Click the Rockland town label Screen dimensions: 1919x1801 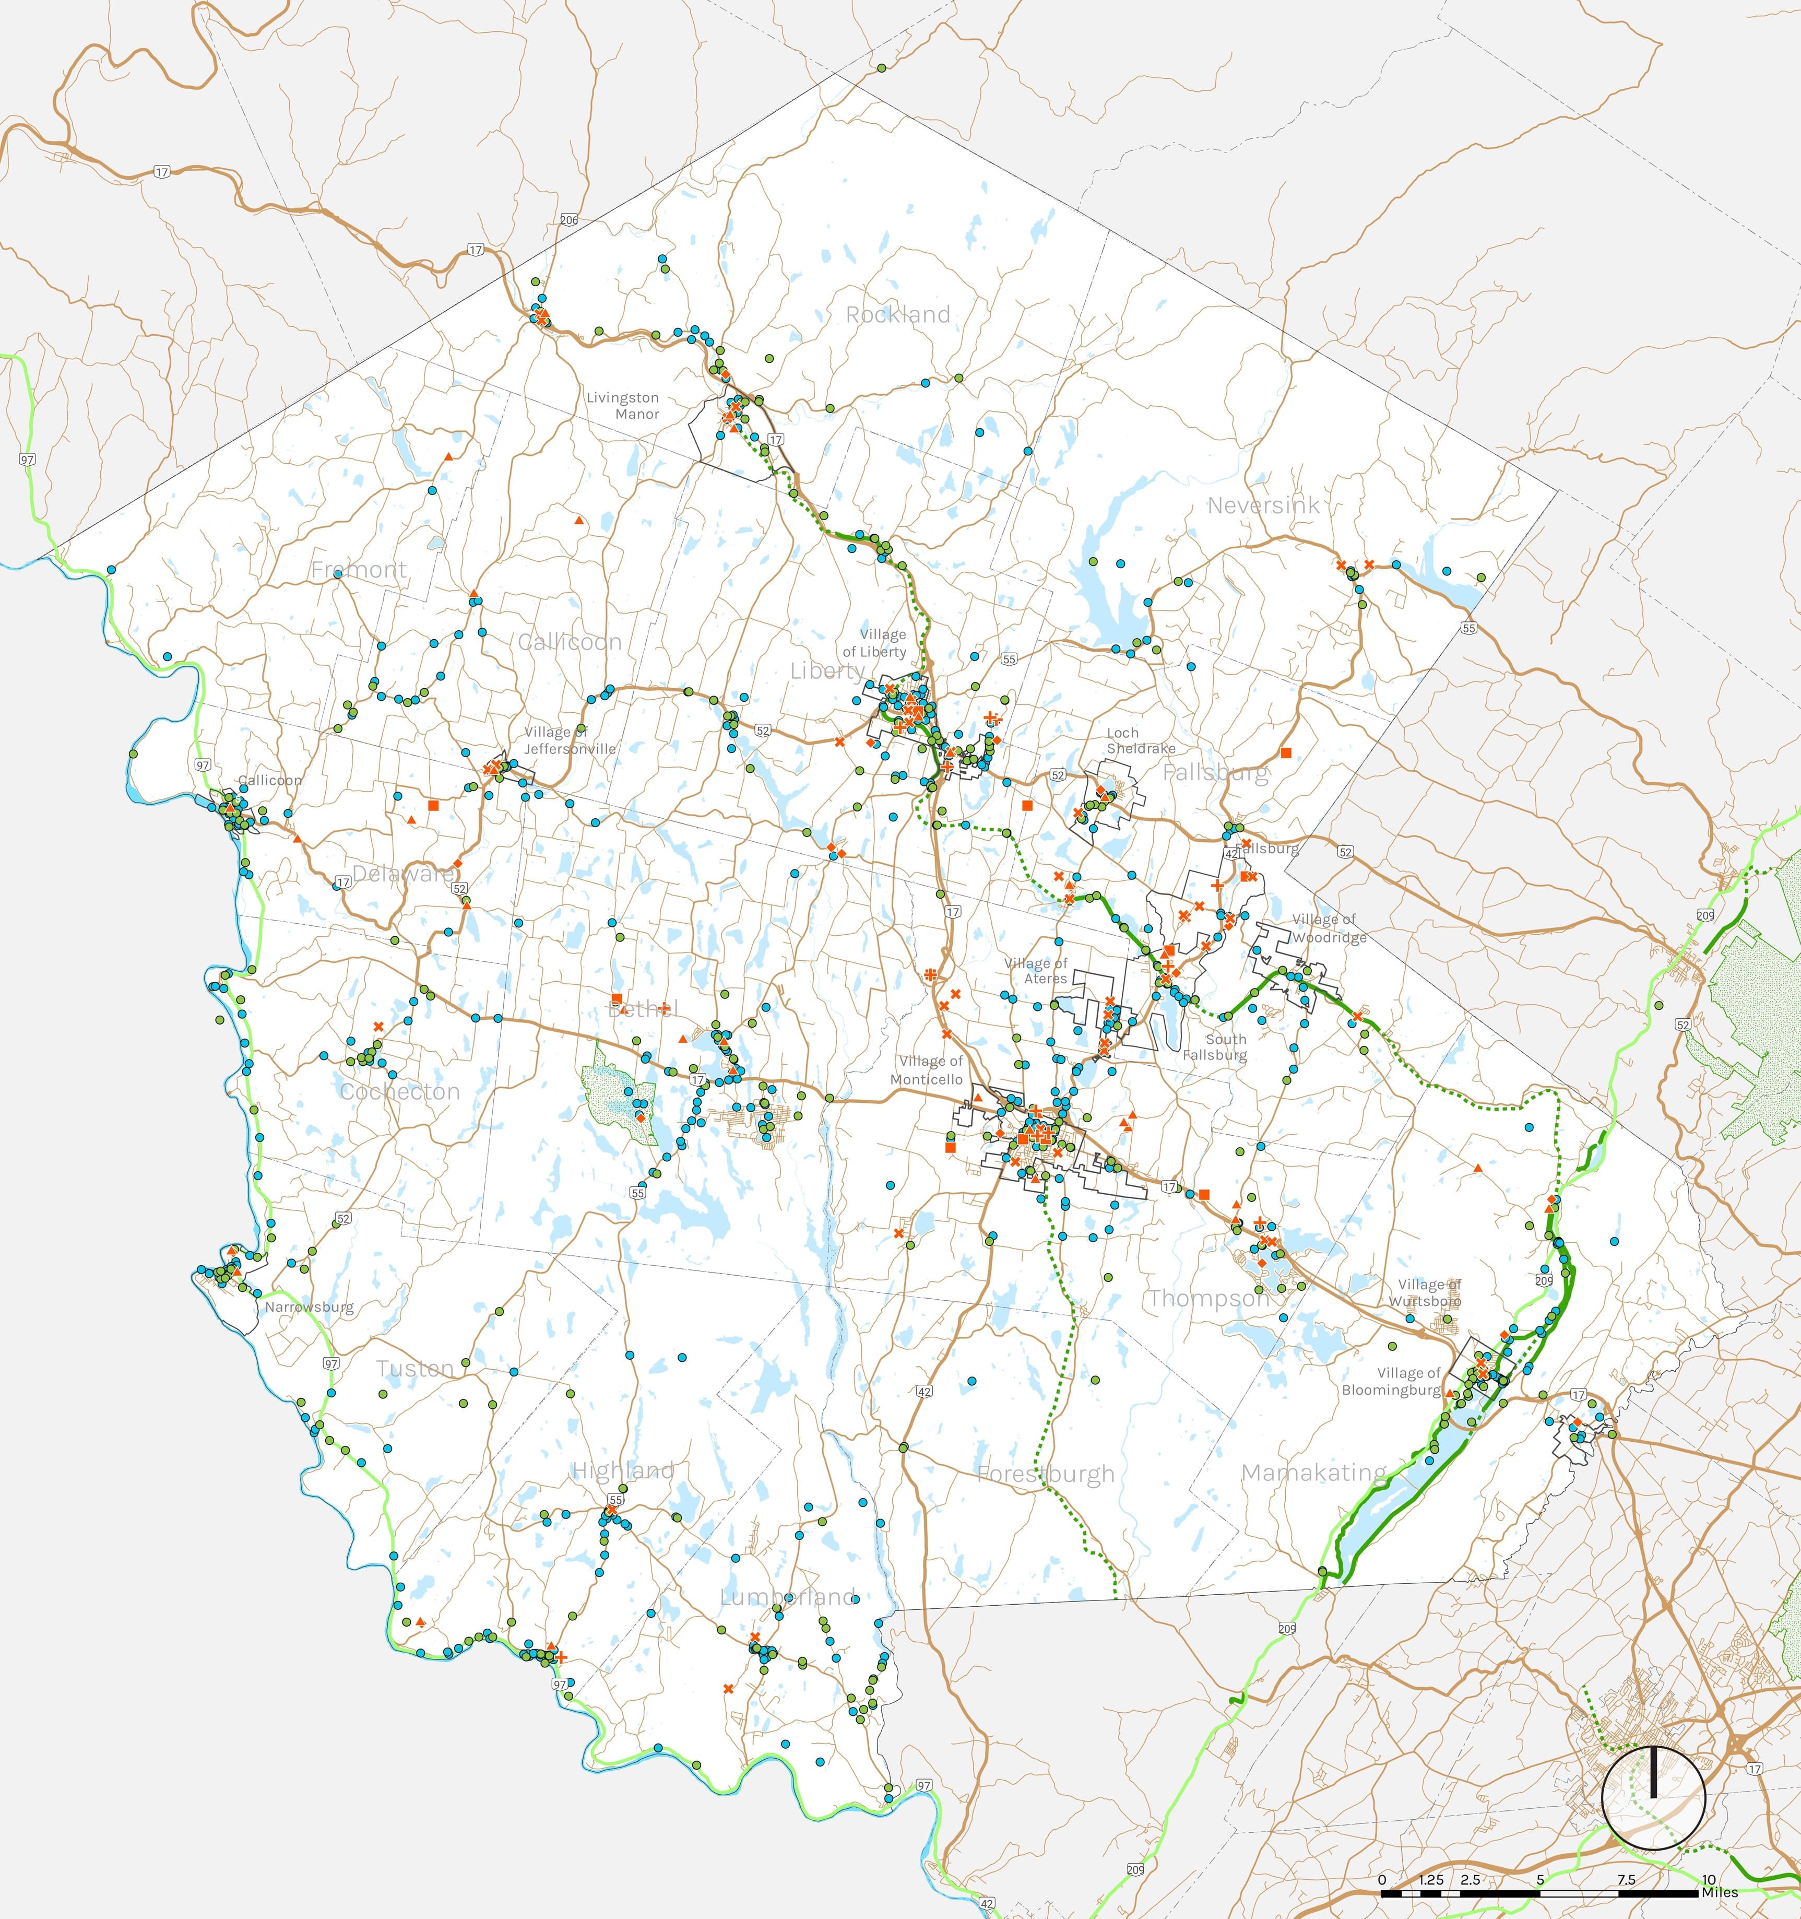[897, 315]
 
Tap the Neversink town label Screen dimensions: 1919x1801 [1262, 505]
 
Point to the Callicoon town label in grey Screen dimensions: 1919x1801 [570, 642]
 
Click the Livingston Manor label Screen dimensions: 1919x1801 [623, 405]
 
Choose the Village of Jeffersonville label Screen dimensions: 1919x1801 [570, 740]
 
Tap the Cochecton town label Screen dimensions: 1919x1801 [399, 1092]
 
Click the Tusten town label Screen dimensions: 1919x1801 [415, 1369]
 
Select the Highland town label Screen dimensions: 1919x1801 [623, 1471]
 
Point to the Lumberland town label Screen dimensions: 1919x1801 [788, 1597]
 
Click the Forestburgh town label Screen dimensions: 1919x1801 [1045, 1474]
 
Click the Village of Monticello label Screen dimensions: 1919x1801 [927, 1069]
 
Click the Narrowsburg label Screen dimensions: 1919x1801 [309, 1308]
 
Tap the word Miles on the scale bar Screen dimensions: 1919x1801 [1720, 1892]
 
